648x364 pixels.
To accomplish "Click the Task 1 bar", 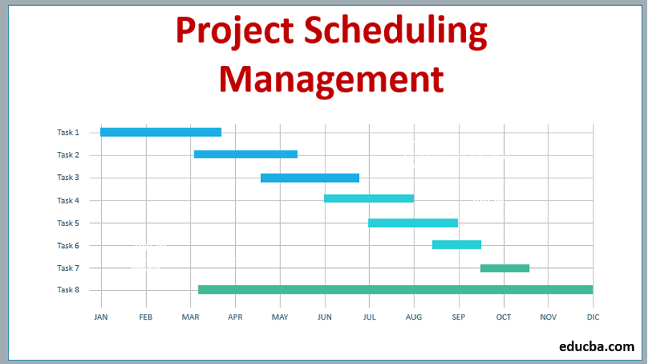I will tap(161, 132).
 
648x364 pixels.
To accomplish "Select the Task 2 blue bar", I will tap(245, 154).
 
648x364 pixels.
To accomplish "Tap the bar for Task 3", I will tap(310, 178).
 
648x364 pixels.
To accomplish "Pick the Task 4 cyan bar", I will tap(368, 198).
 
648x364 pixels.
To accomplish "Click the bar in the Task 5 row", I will tap(413, 223).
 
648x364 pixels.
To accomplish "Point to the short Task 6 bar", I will tap(457, 244).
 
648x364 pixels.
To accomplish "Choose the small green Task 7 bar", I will tap(505, 268).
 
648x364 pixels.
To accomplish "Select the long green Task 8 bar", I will tap(395, 289).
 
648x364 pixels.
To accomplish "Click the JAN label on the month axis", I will tap(101, 316).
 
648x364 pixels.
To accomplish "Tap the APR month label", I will tap(235, 316).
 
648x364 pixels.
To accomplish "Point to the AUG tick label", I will tap(414, 316).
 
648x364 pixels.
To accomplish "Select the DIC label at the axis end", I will tap(593, 316).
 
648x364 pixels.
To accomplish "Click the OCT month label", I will tap(503, 316).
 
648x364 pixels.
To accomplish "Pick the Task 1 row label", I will tap(68, 132).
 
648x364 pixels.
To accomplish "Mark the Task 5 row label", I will tap(68, 223).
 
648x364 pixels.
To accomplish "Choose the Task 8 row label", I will tap(68, 289).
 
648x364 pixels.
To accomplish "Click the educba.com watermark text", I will tap(596, 347).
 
